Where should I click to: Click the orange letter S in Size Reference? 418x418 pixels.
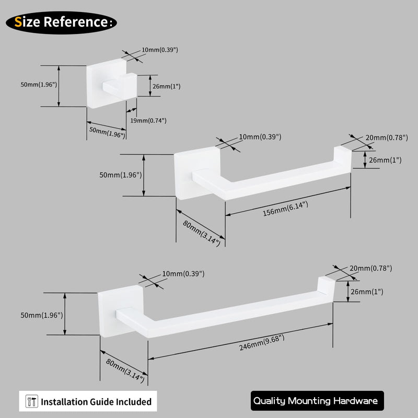[18, 22]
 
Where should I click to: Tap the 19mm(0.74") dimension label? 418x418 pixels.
[148, 121]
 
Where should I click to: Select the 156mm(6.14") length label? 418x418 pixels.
[285, 208]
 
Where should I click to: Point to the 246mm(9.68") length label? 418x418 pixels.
[262, 343]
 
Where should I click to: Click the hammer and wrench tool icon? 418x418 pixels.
[32, 401]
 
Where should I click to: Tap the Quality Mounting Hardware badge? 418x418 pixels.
[317, 401]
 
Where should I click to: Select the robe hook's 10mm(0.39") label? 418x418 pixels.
[160, 50]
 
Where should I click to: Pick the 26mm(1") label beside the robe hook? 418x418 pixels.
[166, 86]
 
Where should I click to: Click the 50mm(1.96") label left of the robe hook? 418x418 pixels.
[39, 85]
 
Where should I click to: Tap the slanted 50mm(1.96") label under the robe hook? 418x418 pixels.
[107, 132]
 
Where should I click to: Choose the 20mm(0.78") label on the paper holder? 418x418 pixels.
[387, 137]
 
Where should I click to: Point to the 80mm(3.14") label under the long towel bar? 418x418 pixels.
[125, 370]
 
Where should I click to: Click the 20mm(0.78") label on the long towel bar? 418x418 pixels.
[371, 268]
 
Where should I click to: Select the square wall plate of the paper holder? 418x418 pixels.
[198, 173]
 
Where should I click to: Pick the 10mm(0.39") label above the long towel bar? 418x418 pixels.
[183, 274]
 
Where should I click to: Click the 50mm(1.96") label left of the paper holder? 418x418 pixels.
[121, 175]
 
